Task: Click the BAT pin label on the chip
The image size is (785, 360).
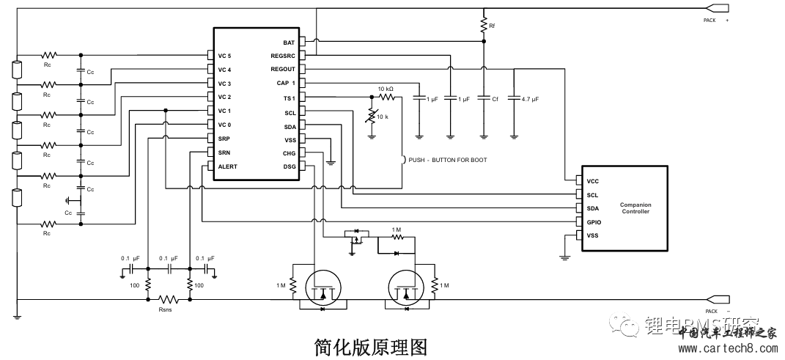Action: (x=289, y=42)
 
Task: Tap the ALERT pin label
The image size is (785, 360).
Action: (x=228, y=166)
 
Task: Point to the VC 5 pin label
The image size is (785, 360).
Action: (x=224, y=56)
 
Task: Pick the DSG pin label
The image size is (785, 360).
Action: (x=289, y=166)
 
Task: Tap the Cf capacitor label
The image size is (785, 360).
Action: (x=495, y=98)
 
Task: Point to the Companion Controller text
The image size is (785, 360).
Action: (x=635, y=208)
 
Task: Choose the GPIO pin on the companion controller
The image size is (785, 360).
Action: (x=594, y=221)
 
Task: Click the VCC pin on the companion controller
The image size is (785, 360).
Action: (x=592, y=180)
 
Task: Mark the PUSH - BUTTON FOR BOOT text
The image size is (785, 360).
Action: (x=447, y=159)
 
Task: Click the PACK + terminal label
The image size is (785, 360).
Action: (x=715, y=21)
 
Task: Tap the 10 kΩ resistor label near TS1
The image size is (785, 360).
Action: (x=386, y=89)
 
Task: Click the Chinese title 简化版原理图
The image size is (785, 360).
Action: (x=369, y=345)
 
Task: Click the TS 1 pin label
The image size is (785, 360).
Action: (x=289, y=98)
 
